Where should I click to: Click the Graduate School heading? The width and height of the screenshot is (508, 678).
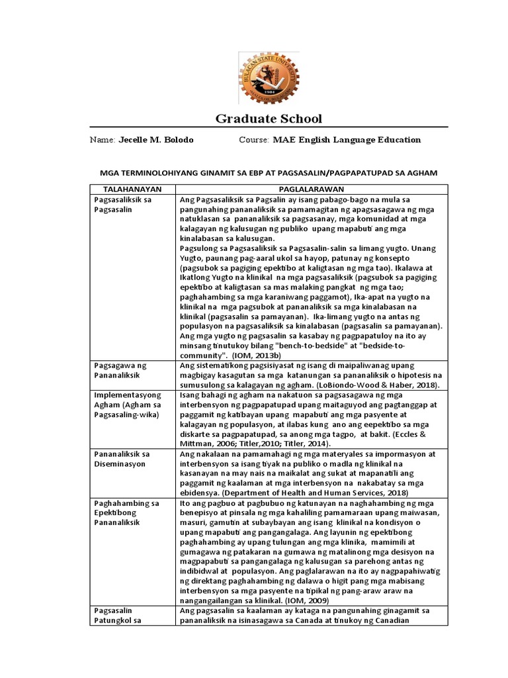click(x=269, y=119)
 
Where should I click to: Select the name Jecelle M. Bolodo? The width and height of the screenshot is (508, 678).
click(x=156, y=140)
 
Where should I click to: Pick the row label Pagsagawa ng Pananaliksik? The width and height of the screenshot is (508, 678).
click(x=121, y=370)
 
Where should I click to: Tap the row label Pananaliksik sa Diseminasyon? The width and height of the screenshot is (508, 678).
click(x=122, y=459)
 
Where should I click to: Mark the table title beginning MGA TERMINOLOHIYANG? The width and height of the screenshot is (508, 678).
click(x=269, y=173)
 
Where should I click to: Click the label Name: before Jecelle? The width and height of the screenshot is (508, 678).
click(x=103, y=140)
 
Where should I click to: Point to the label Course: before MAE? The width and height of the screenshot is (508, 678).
click(x=254, y=140)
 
